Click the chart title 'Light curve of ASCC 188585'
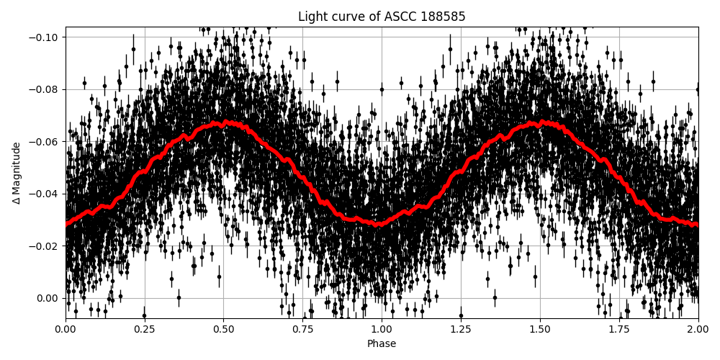pos(382,17)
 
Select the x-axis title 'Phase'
pos(382,344)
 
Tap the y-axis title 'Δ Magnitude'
pos(17,173)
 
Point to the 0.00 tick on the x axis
pos(66,330)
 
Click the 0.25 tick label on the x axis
pos(145,330)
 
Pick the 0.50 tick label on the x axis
pos(224,330)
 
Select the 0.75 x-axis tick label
pos(302,330)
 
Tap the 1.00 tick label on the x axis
pos(382,330)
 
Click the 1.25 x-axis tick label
pos(461,330)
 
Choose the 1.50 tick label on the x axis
pos(540,330)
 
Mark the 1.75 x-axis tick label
pos(619,330)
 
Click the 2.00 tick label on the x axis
pos(698,330)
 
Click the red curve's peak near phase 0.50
pos(225,123)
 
